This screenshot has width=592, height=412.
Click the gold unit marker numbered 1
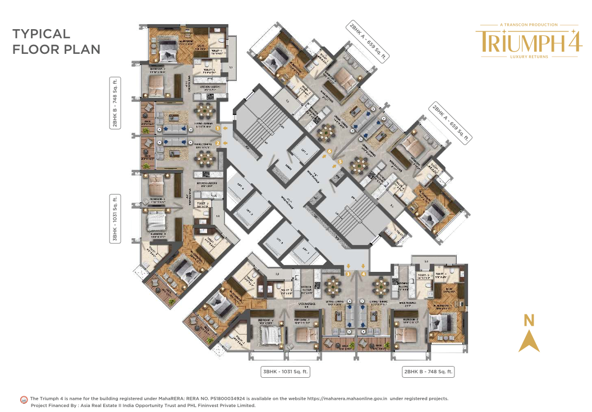[x=217, y=128]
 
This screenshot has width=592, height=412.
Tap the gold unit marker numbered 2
[x=217, y=144]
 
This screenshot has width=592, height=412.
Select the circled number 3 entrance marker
[x=348, y=274]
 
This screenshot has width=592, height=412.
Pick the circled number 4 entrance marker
[x=364, y=274]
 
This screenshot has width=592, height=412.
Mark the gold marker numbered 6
[x=330, y=151]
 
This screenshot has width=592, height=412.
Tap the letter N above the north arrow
[x=529, y=321]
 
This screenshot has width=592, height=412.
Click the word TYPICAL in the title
[x=41, y=34]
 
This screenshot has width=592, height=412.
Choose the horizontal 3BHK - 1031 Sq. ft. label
[x=286, y=372]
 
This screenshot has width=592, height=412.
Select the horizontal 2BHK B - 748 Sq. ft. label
[x=428, y=372]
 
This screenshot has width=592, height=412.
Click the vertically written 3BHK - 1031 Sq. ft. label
[x=115, y=219]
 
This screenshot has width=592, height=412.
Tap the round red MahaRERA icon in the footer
[x=24, y=400]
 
